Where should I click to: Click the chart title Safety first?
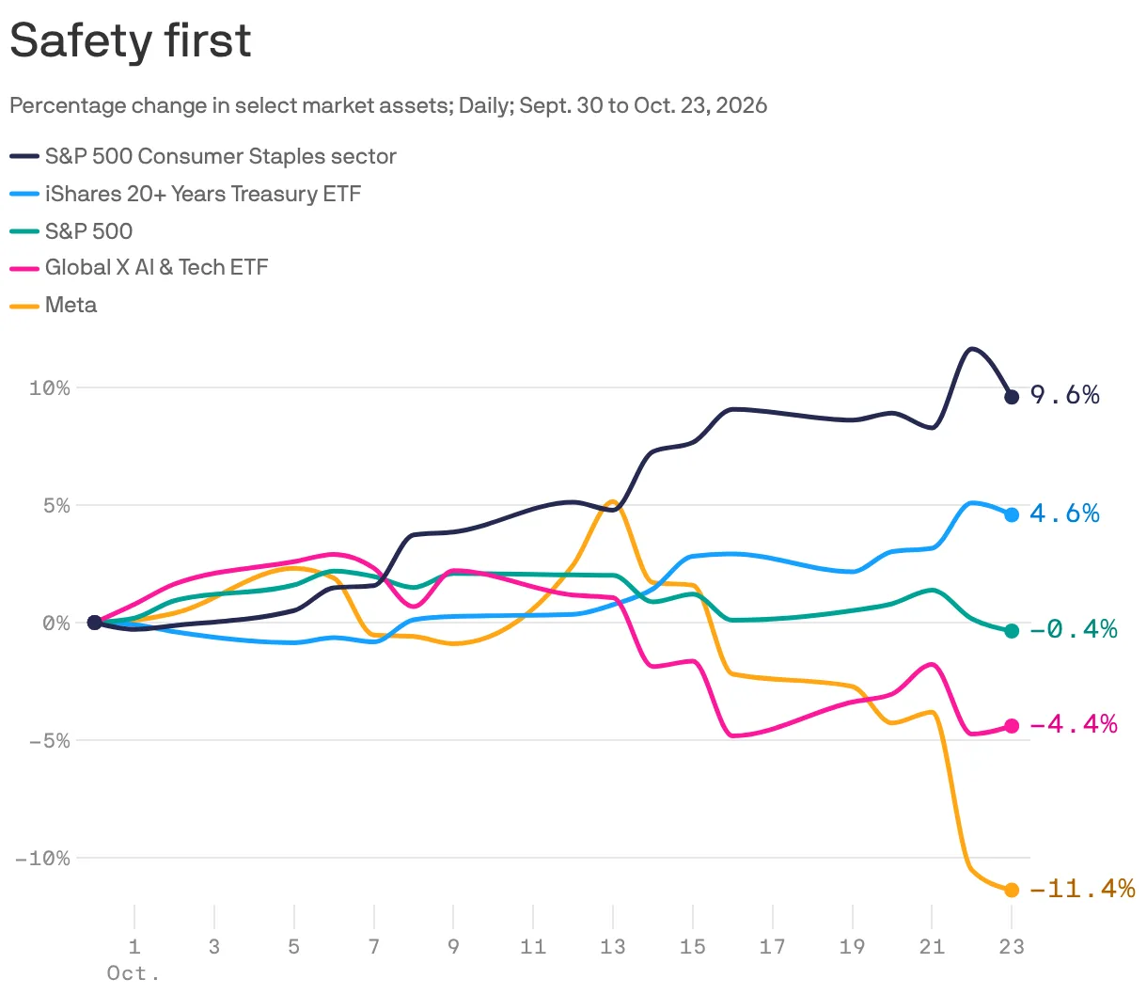click(x=131, y=41)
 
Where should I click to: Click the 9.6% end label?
click(x=1064, y=395)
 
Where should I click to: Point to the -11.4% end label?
click(x=1082, y=889)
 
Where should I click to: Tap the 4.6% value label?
click(x=1064, y=513)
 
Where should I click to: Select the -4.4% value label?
click(x=1073, y=724)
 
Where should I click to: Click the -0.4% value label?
click(x=1073, y=629)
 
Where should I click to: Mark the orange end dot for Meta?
click(x=1012, y=890)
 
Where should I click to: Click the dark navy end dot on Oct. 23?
click(x=1012, y=397)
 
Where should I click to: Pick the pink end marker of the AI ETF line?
click(x=1012, y=726)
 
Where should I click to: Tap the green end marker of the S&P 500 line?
click(x=1012, y=631)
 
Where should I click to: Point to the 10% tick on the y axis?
click(x=50, y=388)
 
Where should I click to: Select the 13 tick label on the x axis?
click(x=613, y=946)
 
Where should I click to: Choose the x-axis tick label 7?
click(x=374, y=946)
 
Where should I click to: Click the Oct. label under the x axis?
click(x=134, y=973)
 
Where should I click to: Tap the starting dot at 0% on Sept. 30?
click(x=94, y=623)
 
